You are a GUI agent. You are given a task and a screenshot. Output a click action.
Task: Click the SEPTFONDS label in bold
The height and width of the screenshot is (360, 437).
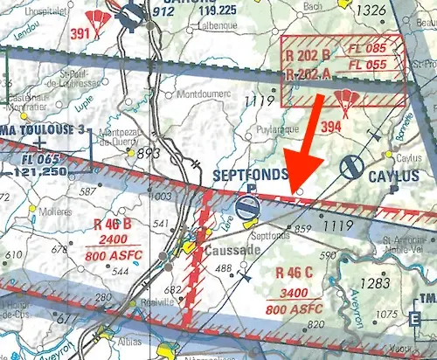click(x=251, y=175)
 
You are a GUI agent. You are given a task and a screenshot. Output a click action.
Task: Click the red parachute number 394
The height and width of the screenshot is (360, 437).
click(x=329, y=128)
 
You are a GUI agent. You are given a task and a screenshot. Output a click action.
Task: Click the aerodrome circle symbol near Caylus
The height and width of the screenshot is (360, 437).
click(x=352, y=166)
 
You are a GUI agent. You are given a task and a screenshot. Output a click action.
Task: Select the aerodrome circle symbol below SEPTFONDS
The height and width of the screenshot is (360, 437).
click(x=248, y=207)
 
